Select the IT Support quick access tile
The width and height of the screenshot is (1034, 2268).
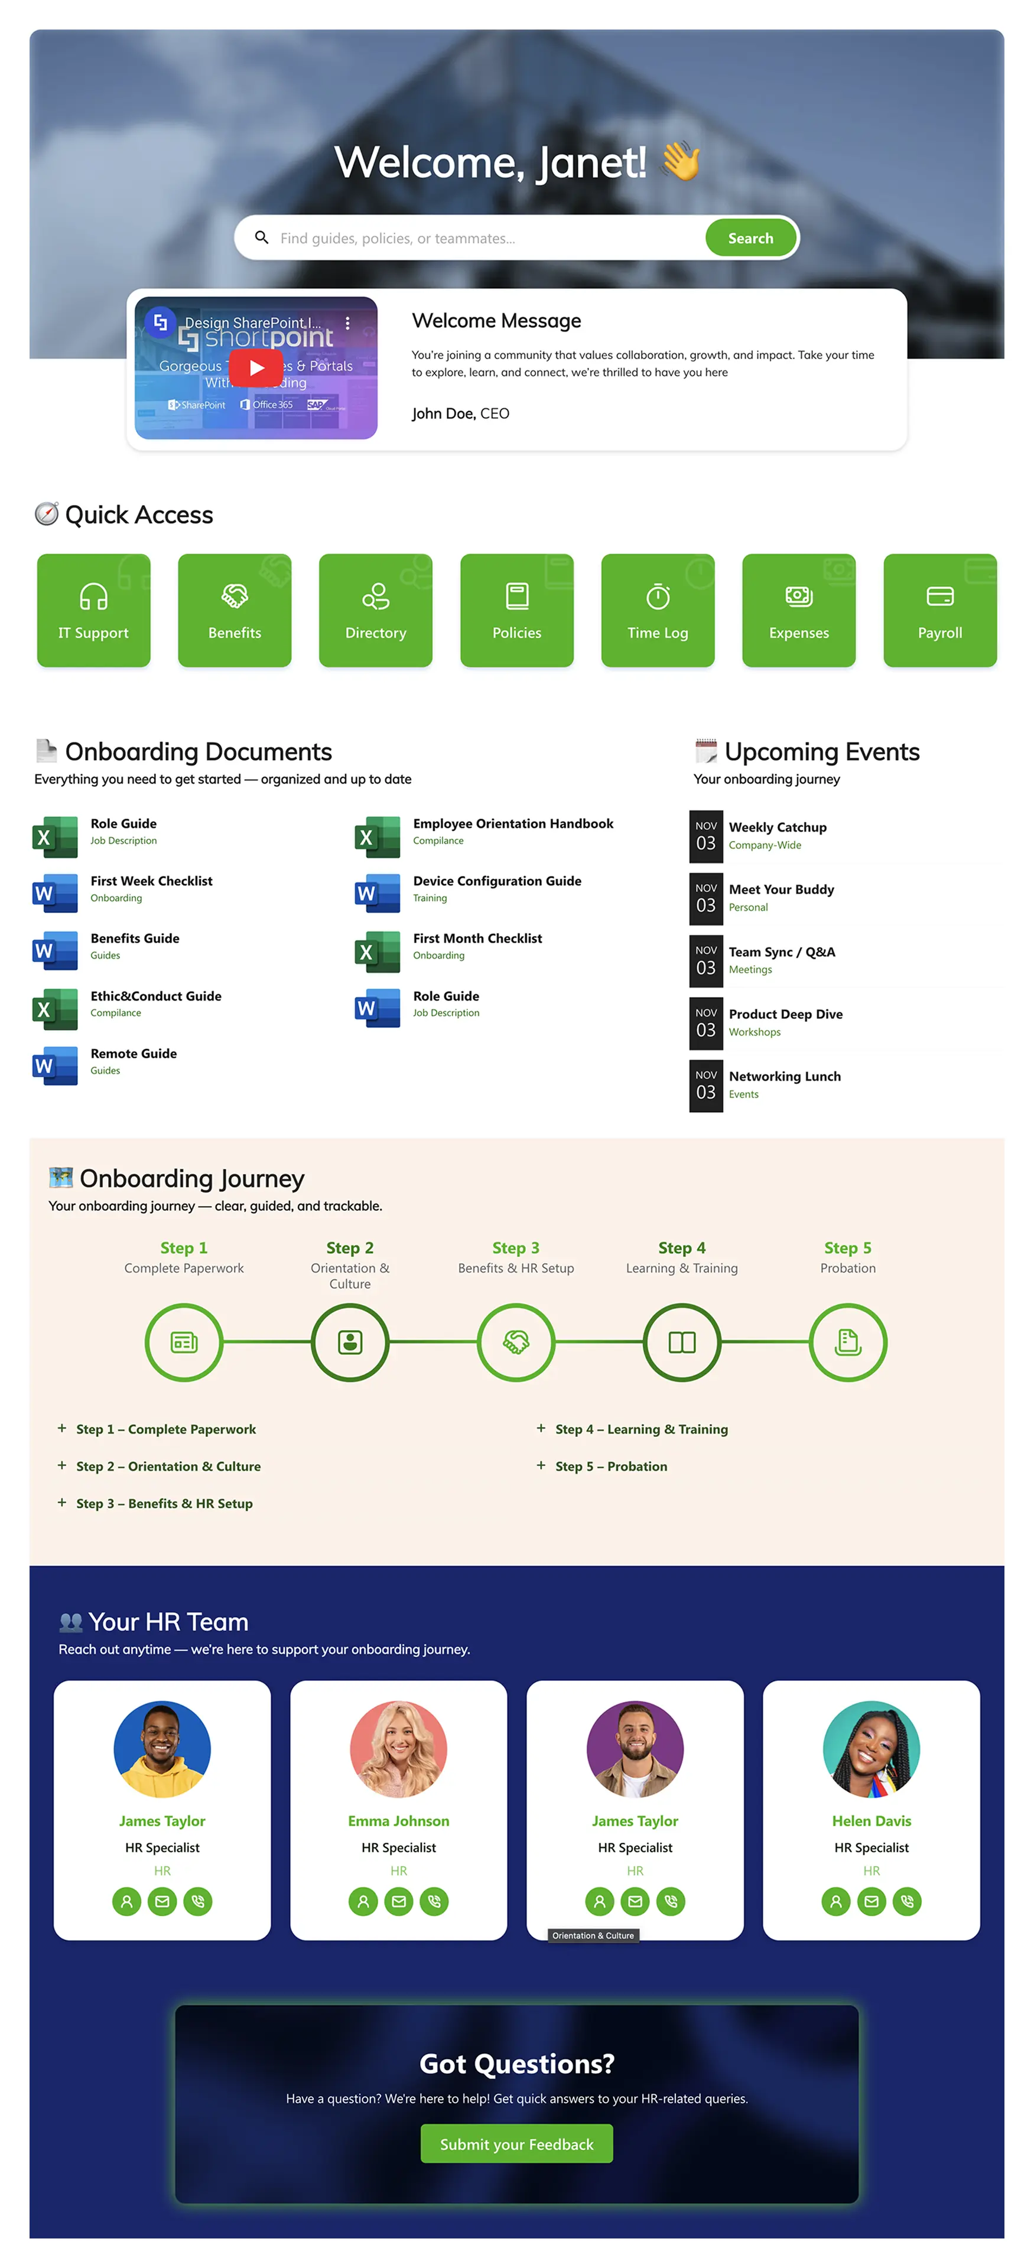(93, 610)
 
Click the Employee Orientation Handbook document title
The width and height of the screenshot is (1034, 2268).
(513, 823)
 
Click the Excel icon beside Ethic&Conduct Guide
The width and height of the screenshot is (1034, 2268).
(54, 1009)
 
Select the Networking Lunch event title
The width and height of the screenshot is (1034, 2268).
(784, 1076)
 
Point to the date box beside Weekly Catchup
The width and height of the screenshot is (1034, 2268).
(705, 836)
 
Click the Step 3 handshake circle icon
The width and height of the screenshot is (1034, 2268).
(516, 1342)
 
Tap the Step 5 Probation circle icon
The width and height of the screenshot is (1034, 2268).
(847, 1342)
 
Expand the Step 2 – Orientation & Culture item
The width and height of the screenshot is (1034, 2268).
(167, 1466)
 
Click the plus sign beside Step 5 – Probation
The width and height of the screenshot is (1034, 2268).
(541, 1465)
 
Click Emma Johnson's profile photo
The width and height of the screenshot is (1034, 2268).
(398, 1748)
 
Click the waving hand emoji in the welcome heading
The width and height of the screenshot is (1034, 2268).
(681, 162)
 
